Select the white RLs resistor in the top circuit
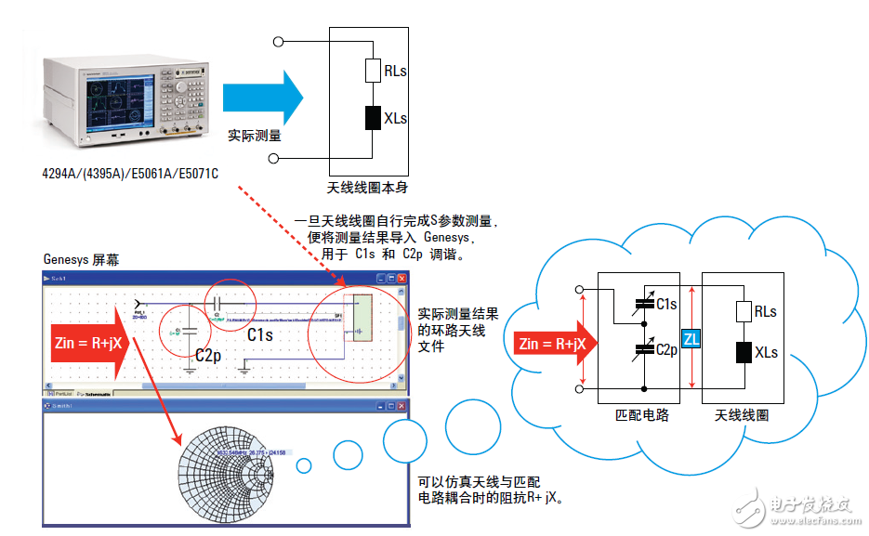[373, 71]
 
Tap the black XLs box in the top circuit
[373, 118]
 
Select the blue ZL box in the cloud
[691, 339]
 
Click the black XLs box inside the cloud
[743, 352]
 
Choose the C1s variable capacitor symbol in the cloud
[641, 303]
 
